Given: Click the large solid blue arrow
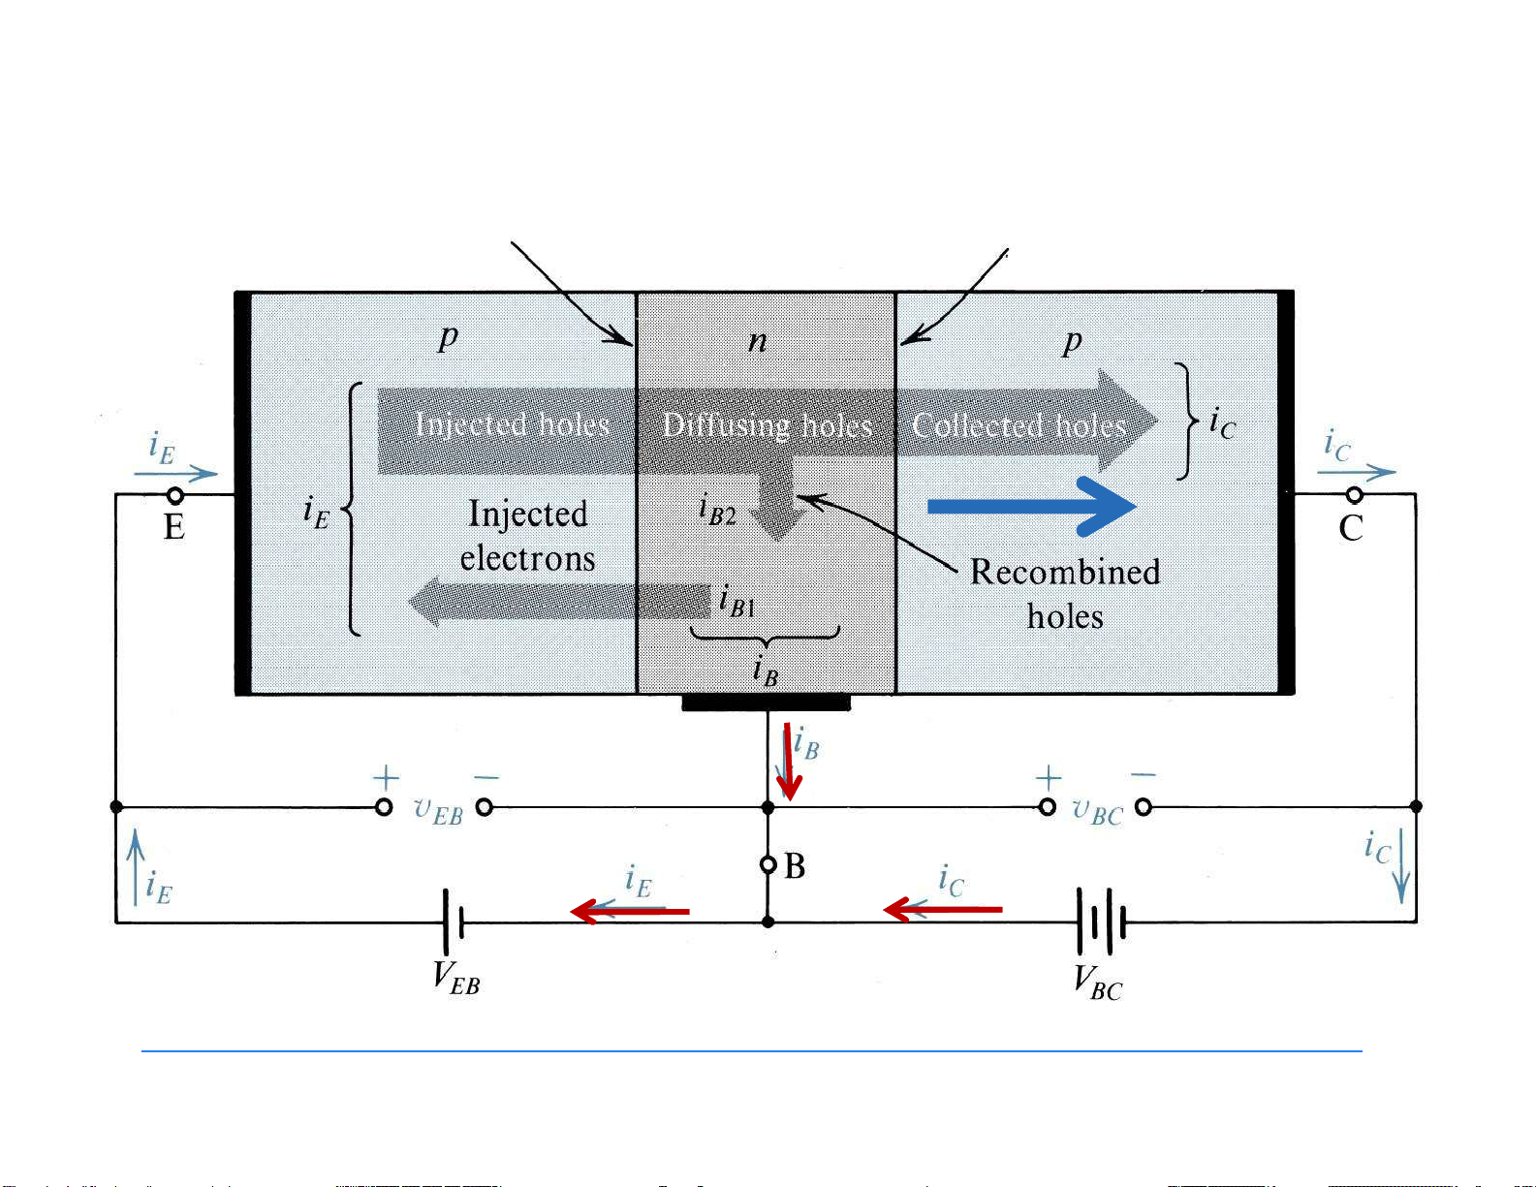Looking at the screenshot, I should click(x=1032, y=507).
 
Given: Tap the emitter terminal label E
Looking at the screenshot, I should click(x=174, y=527).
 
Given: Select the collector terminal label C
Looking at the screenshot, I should click(x=1350, y=528).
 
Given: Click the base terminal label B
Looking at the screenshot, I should click(x=795, y=866).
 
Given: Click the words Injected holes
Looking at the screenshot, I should click(x=512, y=424).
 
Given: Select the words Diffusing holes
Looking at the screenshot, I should click(x=767, y=425).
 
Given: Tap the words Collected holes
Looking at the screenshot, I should click(x=1019, y=425).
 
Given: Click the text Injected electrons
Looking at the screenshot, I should click(x=527, y=536).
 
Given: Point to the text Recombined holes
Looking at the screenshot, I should click(x=1065, y=593).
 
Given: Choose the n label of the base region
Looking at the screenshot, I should click(x=758, y=341).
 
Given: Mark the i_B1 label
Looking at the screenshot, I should click(x=737, y=602).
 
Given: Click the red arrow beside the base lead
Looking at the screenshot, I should click(x=789, y=763).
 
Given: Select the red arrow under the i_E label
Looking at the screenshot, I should click(x=630, y=911).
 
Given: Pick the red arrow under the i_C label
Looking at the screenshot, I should click(x=943, y=909).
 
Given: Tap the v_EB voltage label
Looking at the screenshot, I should click(x=438, y=810).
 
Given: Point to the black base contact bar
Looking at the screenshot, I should click(x=766, y=703).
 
